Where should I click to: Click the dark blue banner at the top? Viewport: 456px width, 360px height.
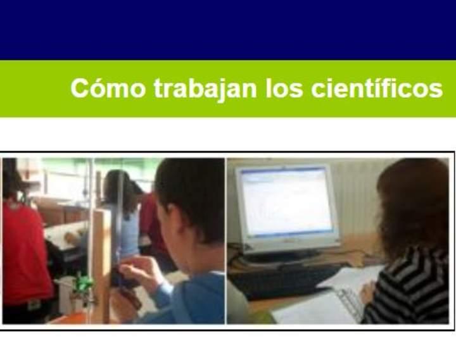pos(228,28)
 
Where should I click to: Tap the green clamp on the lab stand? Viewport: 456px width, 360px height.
pos(82,285)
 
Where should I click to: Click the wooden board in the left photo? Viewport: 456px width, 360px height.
pos(101,253)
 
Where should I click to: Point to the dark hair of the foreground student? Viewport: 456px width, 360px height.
pos(190,190)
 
